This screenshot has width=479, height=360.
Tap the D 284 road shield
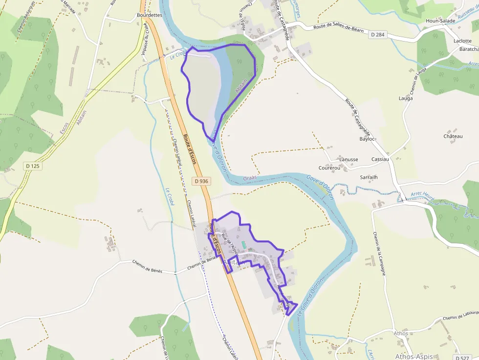(377, 35)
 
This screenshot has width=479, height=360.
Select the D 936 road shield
(201, 181)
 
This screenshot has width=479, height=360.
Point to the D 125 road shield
(32, 166)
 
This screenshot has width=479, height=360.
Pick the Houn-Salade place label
(440, 21)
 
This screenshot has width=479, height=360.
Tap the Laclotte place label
(462, 41)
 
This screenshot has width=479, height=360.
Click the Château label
(453, 136)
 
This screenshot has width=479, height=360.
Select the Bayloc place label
(367, 139)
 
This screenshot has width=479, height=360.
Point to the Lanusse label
(348, 159)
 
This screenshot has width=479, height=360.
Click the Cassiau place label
(380, 159)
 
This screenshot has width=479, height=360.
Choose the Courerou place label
(329, 168)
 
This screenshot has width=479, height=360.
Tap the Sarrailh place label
(369, 177)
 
